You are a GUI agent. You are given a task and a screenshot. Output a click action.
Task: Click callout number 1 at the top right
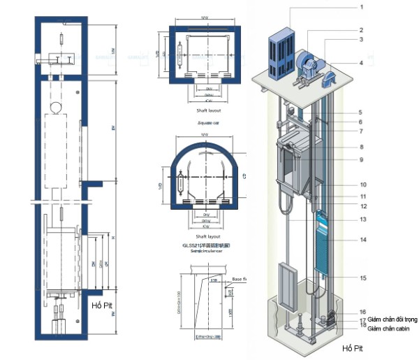click(x=362, y=7)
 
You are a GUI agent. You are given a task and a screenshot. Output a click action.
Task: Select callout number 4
click(x=362, y=63)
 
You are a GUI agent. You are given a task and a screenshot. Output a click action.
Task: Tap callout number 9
click(x=362, y=160)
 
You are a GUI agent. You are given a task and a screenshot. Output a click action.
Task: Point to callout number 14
click(x=363, y=240)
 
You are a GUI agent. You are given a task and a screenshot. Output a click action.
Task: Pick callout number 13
click(x=363, y=219)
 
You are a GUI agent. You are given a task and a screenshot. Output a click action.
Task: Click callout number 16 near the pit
click(x=362, y=312)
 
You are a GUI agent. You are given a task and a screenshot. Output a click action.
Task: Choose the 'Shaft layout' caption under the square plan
click(x=205, y=110)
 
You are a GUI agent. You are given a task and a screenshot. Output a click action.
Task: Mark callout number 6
click(x=362, y=122)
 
